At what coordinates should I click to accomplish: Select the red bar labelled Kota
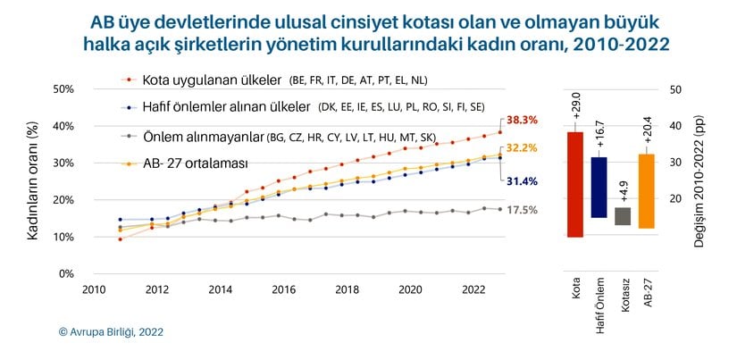[575, 185]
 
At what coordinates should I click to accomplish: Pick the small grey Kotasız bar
[623, 216]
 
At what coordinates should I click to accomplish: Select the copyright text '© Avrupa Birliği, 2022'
[111, 331]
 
